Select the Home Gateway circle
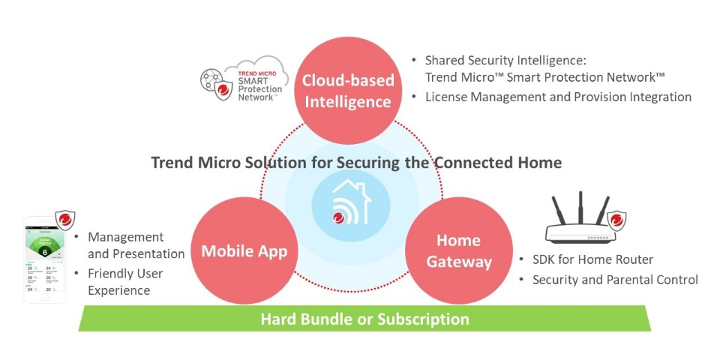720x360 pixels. coord(458,250)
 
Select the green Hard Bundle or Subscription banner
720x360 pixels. coord(364,319)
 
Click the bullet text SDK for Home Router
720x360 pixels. coord(592,259)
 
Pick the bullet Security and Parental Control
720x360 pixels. coord(615,280)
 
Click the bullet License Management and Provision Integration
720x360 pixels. coord(558,97)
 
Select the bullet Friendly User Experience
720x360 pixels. coord(124,282)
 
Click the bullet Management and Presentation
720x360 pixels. coord(135,245)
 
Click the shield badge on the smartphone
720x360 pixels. coord(66,220)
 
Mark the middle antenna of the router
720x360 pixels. coord(580,206)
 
